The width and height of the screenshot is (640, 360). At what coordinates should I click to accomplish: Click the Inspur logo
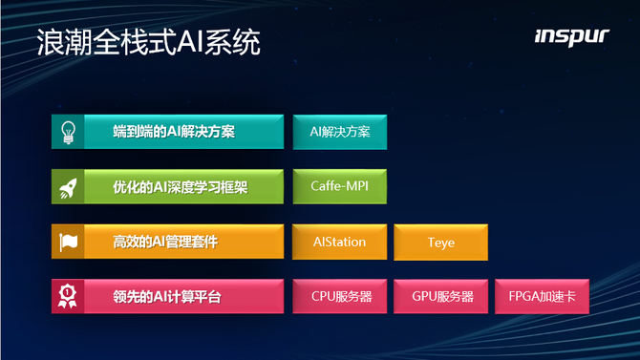[x=572, y=37]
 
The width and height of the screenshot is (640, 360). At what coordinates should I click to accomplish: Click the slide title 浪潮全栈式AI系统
[x=149, y=42]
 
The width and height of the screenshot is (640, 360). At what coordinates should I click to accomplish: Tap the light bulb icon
[x=68, y=132]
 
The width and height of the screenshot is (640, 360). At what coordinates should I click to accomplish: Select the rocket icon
[x=68, y=188]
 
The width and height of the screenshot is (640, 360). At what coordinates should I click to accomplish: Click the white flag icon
[x=68, y=242]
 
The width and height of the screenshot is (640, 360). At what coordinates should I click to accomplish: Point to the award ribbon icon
[x=68, y=296]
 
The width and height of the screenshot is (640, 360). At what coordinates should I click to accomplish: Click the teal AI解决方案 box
[x=340, y=132]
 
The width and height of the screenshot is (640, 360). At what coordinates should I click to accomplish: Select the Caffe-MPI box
[x=340, y=186]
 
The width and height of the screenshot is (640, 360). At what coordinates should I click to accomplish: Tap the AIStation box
[x=340, y=242]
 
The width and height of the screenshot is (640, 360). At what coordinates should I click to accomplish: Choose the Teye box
[x=440, y=242]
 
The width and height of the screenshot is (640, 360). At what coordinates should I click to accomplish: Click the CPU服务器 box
[x=340, y=296]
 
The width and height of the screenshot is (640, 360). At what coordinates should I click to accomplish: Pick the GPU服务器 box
[x=440, y=296]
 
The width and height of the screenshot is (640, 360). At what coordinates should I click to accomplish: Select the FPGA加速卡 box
[x=542, y=296]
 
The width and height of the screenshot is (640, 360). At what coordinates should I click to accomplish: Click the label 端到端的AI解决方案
[x=174, y=132]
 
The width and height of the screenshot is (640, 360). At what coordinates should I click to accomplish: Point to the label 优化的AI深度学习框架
[x=181, y=187]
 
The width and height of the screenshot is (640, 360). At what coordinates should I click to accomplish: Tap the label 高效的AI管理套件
[x=165, y=242]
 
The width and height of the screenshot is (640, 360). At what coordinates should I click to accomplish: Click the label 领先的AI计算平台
[x=167, y=297]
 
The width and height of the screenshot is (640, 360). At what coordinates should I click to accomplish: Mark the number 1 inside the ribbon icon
[x=68, y=292]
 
